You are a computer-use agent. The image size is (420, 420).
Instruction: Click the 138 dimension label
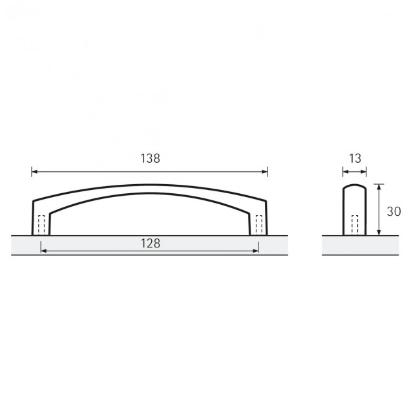coord(151,158)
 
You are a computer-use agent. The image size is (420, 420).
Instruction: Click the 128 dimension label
coord(151,244)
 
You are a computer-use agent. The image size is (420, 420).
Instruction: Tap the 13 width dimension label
coord(355,158)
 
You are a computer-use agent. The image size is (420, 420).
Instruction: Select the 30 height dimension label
coord(394,211)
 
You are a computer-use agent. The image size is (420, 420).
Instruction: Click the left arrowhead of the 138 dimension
coord(34,172)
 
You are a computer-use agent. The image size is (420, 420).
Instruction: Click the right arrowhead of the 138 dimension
coord(265,172)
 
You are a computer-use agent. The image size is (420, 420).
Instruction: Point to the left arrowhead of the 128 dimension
coord(43,251)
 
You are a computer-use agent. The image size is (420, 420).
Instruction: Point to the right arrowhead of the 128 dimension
coord(255,251)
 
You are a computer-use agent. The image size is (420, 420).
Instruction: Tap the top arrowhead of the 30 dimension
coord(379,187)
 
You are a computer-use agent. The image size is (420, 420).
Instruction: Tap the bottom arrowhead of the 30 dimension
coord(379,233)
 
